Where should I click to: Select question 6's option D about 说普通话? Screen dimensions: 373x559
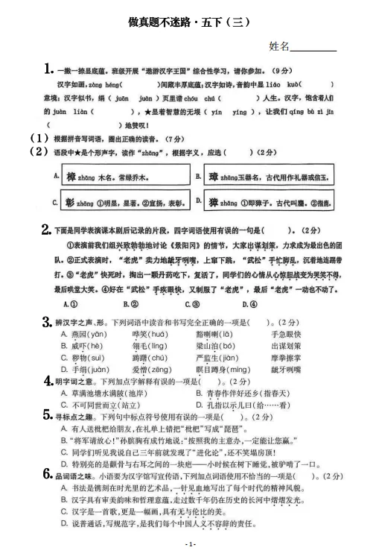pyautogui.click(x=164, y=531)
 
